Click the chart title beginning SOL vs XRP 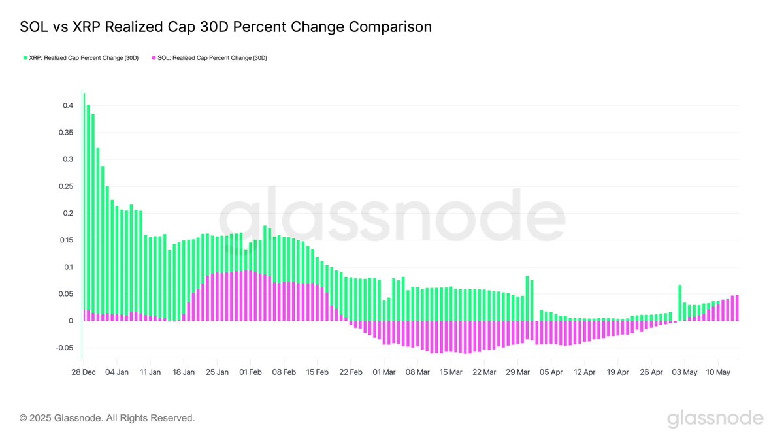click(226, 27)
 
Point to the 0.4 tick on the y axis click(69, 106)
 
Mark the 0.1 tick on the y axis click(69, 267)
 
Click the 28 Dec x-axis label click(84, 372)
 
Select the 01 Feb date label click(251, 372)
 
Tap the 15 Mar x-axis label click(451, 372)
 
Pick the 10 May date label click(717, 372)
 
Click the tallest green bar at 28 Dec click(84, 196)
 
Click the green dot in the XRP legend click(25, 58)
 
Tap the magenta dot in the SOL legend click(154, 58)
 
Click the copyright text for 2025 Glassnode click(107, 417)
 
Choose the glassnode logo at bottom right click(715, 418)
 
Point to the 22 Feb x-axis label click(351, 372)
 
